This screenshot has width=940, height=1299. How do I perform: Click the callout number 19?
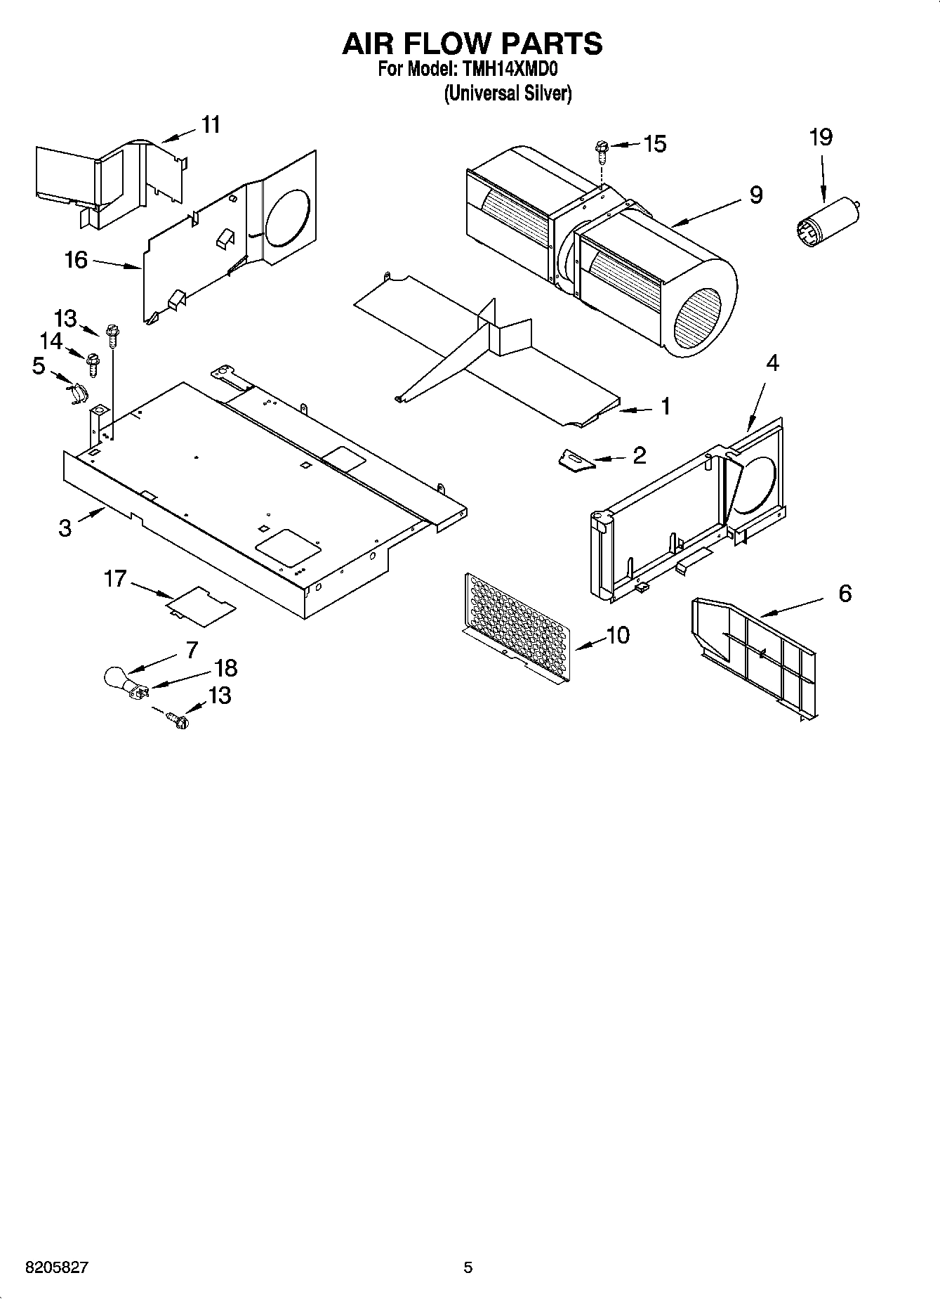point(821,137)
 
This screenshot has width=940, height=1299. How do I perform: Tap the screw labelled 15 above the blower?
point(600,148)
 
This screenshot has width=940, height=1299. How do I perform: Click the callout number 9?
point(755,195)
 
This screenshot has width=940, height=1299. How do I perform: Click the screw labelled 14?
point(92,363)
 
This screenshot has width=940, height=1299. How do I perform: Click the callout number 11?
point(211,125)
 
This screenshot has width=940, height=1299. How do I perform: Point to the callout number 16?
point(76,260)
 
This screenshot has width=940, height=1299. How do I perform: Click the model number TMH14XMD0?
point(507,70)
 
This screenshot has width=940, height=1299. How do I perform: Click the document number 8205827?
point(57,1267)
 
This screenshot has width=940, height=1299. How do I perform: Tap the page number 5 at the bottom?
point(468,1267)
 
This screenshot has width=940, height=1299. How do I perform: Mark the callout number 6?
point(845,594)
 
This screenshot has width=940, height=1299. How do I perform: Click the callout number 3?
point(65,528)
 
